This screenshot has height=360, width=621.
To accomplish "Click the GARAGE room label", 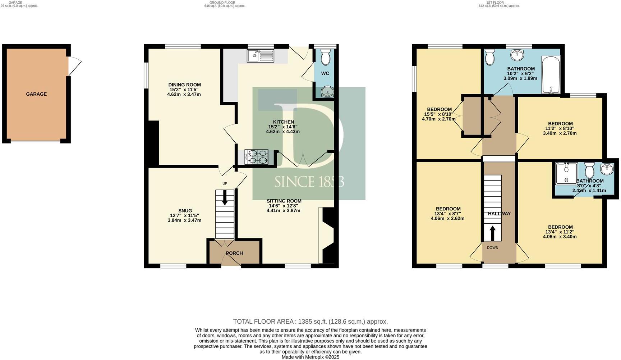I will pos(36,94).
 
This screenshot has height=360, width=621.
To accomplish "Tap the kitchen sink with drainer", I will pos(260,55).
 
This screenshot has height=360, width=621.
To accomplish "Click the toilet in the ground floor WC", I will pos(326,57).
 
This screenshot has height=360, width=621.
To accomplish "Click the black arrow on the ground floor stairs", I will pos(225,197).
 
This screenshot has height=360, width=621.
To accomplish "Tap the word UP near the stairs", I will pos(225,183).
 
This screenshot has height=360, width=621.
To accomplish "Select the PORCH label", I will pos(234,253).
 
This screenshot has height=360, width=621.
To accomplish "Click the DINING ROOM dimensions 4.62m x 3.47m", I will pos(184,95).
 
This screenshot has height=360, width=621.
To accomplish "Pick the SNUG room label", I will pos(185,211).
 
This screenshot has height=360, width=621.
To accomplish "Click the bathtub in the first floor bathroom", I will pos(551,74).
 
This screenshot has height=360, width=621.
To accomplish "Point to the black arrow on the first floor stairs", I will pos(492,233).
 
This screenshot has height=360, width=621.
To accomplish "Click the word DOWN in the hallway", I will pos(492,247).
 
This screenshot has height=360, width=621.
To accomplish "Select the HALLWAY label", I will pos(499,214).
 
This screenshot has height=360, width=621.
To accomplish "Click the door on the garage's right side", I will pos(74,67).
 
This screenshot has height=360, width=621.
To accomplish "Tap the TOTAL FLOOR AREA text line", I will pos(310,322).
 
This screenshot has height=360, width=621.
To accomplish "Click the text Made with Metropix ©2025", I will pos(310,357).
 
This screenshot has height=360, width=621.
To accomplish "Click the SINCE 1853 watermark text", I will pos(309,182).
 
